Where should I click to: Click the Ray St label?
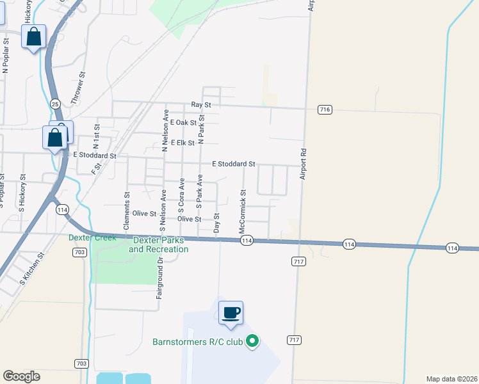point(201,104)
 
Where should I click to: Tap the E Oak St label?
point(183,124)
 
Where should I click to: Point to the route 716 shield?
point(325,110)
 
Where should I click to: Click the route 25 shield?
point(55,104)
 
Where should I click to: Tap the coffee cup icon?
point(231,313)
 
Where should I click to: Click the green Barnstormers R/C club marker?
point(252,342)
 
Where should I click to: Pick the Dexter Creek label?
point(93,237)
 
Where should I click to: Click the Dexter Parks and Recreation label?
point(159,245)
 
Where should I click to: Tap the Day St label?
point(216,223)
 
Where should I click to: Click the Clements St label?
point(127,205)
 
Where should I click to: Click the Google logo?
point(21,376)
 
